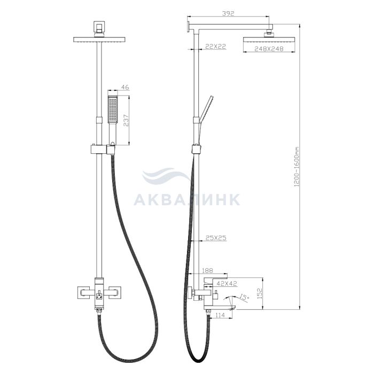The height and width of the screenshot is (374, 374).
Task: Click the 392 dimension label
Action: (228, 13)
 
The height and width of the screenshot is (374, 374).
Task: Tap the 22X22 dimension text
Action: (215, 46)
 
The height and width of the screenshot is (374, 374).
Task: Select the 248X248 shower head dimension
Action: (269, 49)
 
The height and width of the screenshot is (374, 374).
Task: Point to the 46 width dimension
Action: (125, 87)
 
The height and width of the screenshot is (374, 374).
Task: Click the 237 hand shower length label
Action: (126, 120)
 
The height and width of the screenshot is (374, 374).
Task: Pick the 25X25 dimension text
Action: (216, 238)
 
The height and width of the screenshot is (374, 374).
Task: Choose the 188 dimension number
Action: (207, 270)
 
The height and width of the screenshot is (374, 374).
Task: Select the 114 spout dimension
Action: (220, 315)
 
